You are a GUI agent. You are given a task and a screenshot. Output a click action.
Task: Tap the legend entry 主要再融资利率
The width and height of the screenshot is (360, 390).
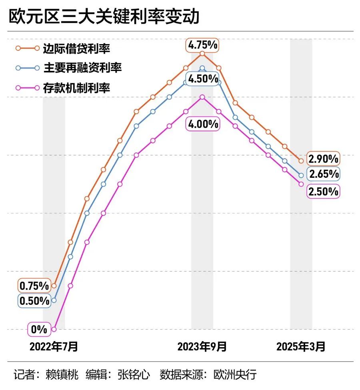tap(82, 68)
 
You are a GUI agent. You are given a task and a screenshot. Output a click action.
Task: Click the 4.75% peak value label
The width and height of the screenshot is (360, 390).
tap(203, 45)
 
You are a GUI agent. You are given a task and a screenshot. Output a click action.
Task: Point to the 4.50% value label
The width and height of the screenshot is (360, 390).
tap(203, 78)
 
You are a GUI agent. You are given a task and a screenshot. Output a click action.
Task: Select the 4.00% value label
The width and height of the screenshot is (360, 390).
tap(203, 124)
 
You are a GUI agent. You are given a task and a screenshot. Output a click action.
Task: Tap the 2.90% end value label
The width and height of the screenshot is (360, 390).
tap(323, 159)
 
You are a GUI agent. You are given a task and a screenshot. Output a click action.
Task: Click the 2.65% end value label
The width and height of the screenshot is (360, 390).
tap(323, 174)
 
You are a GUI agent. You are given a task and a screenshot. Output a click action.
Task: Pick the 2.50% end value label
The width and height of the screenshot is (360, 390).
tap(323, 192)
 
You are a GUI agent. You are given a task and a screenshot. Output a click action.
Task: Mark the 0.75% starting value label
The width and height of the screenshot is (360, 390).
tap(34, 286)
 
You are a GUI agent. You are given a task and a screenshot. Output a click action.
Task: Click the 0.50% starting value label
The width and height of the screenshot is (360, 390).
tap(34, 301)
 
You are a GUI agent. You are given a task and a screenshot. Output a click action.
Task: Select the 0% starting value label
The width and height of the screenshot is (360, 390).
tap(39, 330)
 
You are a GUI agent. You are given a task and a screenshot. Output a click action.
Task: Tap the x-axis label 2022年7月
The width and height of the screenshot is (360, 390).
tap(54, 346)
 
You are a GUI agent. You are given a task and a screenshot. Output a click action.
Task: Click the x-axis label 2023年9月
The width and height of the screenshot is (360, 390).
tap(202, 346)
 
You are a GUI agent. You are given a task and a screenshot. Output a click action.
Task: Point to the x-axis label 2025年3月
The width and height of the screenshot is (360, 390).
tap(301, 346)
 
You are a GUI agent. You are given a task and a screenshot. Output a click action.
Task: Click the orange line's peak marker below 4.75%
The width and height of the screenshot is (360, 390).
tap(202, 53)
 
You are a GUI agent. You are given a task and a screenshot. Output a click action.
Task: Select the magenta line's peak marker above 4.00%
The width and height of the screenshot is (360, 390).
tap(202, 97)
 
